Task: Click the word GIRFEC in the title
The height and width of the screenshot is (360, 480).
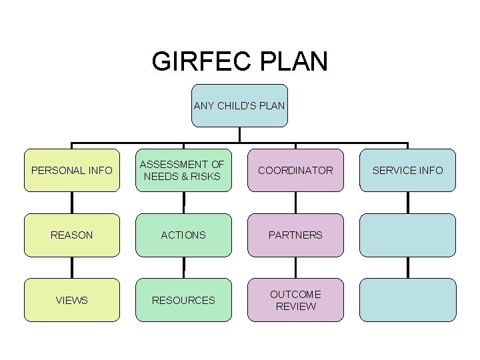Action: click(197, 61)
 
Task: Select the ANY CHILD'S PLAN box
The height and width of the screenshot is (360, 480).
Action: click(239, 105)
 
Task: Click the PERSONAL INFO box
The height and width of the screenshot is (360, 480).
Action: click(72, 170)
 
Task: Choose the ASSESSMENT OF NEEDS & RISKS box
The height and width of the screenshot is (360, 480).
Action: click(183, 170)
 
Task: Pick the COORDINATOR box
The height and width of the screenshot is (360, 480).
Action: click(295, 170)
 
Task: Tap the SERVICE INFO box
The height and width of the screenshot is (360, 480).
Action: click(407, 170)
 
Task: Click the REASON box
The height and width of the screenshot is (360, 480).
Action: click(72, 235)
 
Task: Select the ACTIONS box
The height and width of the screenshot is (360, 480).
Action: click(183, 235)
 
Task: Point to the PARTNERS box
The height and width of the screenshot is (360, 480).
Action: click(295, 235)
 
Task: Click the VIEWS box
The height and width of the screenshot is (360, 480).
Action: click(72, 300)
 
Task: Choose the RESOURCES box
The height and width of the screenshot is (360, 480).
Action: click(183, 300)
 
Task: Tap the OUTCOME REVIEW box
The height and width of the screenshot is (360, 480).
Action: click(295, 300)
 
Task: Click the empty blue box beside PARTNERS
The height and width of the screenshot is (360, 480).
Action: click(407, 235)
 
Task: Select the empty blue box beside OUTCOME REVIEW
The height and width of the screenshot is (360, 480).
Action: click(407, 300)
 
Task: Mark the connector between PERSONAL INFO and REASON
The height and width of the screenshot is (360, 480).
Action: click(72, 203)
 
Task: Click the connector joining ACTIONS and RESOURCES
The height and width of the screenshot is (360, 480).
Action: click(183, 267)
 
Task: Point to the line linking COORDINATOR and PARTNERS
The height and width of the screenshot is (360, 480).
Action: click(295, 203)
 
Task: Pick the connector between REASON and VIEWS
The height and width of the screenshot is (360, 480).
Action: click(72, 267)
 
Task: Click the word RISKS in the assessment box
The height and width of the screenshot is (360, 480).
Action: click(207, 177)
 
